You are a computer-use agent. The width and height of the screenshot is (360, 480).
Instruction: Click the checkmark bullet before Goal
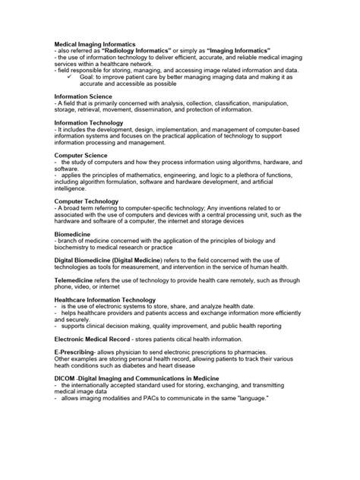tap(69, 77)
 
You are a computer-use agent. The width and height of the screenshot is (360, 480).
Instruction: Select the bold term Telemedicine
tap(75, 279)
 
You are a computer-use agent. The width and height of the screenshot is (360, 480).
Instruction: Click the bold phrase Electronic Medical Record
tap(96, 338)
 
